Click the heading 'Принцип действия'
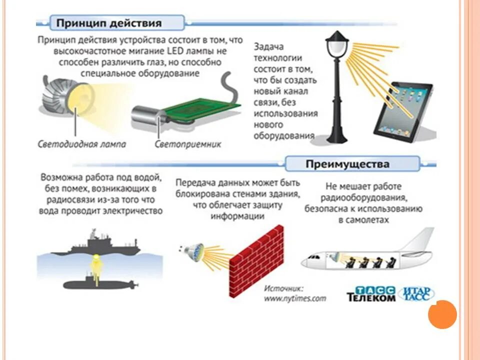pyautogui.click(x=108, y=23)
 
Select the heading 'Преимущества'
pyautogui.click(x=347, y=163)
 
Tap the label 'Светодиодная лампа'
pyautogui.click(x=82, y=144)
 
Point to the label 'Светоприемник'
pyautogui.click(x=187, y=144)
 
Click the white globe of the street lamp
pyautogui.click(x=334, y=49)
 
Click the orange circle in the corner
pyautogui.click(x=442, y=314)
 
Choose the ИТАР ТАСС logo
pyautogui.click(x=418, y=293)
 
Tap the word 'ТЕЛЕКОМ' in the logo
pyautogui.click(x=371, y=297)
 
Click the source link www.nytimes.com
pyautogui.click(x=294, y=298)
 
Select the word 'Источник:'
pyautogui.click(x=284, y=288)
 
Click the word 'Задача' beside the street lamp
pyautogui.click(x=269, y=46)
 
